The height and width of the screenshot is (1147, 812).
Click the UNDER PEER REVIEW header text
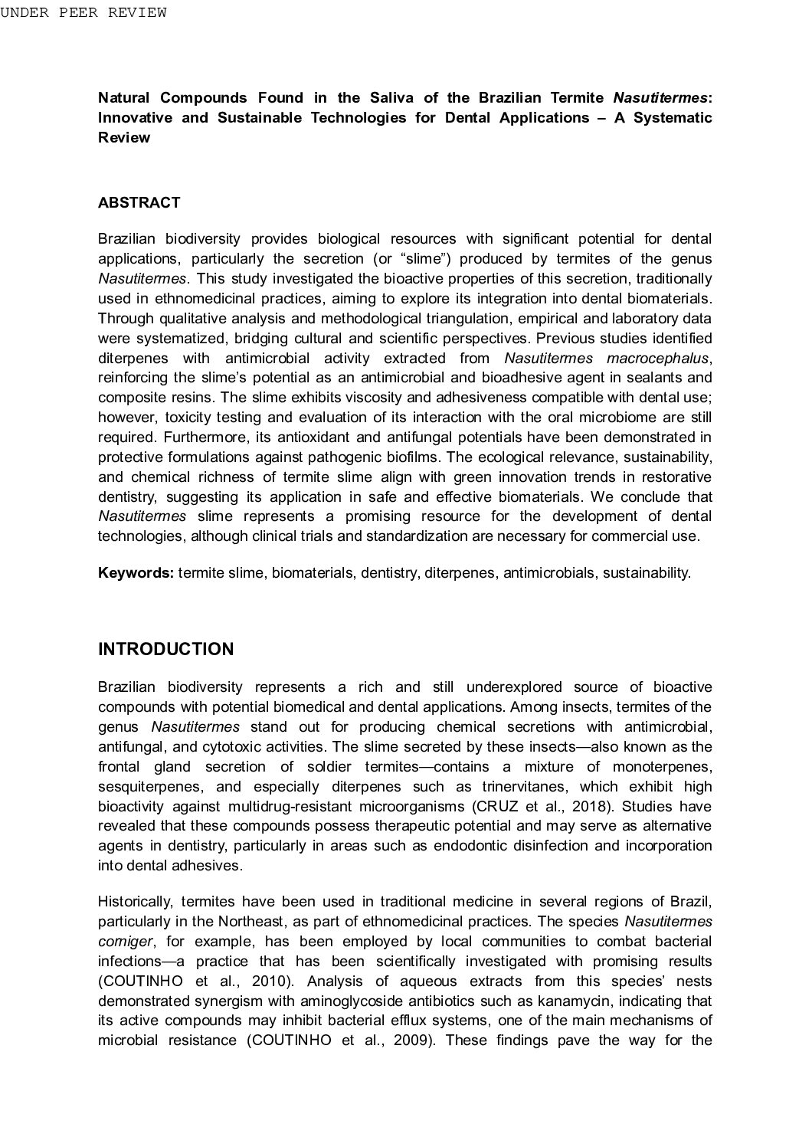83,12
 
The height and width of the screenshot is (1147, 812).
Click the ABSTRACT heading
139,203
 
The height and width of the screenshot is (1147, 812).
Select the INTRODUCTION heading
165,650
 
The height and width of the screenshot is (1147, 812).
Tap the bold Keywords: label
136,573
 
